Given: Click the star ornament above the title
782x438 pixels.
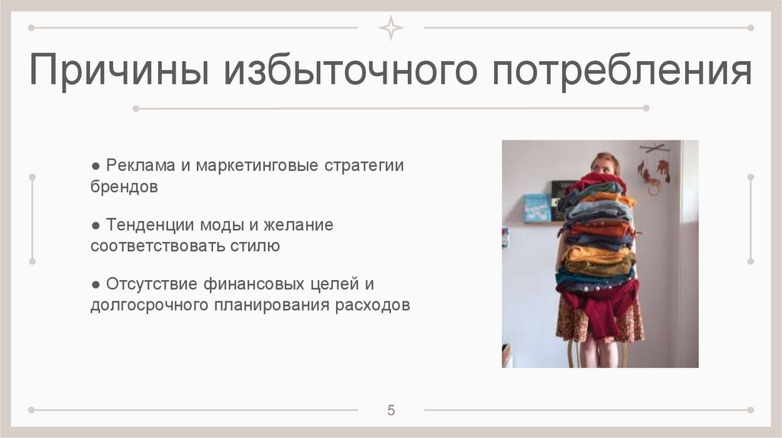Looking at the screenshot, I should coord(391,28).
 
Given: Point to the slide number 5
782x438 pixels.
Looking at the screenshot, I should coord(391,411).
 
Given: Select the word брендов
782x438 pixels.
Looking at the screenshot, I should coord(124,187).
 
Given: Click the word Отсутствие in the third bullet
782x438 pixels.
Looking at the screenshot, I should coord(151,285).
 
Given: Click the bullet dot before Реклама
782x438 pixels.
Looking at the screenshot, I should coord(95,166).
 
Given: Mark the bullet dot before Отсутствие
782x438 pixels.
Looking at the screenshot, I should coord(95,285).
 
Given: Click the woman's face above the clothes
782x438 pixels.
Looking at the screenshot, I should coord(605,163).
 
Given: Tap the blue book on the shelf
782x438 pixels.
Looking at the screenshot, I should coord(537,208).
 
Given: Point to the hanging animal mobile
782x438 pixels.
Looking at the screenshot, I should coord(655,168).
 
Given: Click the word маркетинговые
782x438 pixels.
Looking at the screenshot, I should coord(259,166).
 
